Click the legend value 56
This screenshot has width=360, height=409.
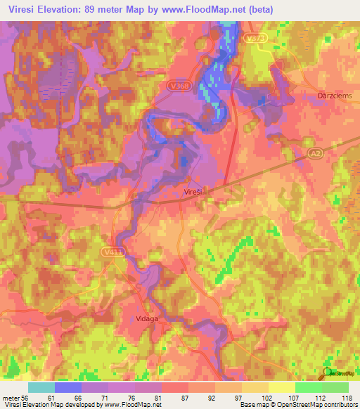pos(24,398)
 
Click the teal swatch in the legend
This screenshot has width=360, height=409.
pos(41,387)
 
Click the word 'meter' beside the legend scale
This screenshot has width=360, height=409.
pos(9,398)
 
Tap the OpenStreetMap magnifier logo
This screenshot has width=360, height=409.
pos(327,371)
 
